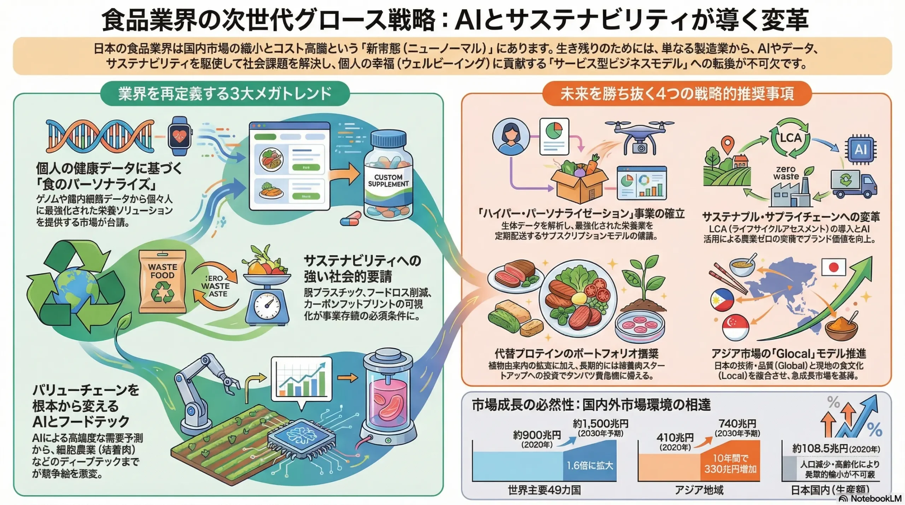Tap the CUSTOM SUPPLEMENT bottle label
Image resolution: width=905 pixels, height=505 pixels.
[x=388, y=181]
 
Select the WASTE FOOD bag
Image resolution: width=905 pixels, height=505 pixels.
[x=163, y=281]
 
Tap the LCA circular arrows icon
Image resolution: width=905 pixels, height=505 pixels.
[x=790, y=137]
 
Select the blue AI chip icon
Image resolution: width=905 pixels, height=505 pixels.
[x=860, y=149]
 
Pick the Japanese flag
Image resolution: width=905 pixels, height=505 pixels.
[x=833, y=267]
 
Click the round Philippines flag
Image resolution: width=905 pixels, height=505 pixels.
[x=722, y=299]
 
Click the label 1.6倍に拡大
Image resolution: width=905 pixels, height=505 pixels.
[x=590, y=465]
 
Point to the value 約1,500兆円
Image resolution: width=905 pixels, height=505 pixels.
[x=601, y=423]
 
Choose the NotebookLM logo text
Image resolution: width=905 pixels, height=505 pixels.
[x=875, y=498]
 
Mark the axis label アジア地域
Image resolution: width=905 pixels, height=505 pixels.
[x=699, y=490]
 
